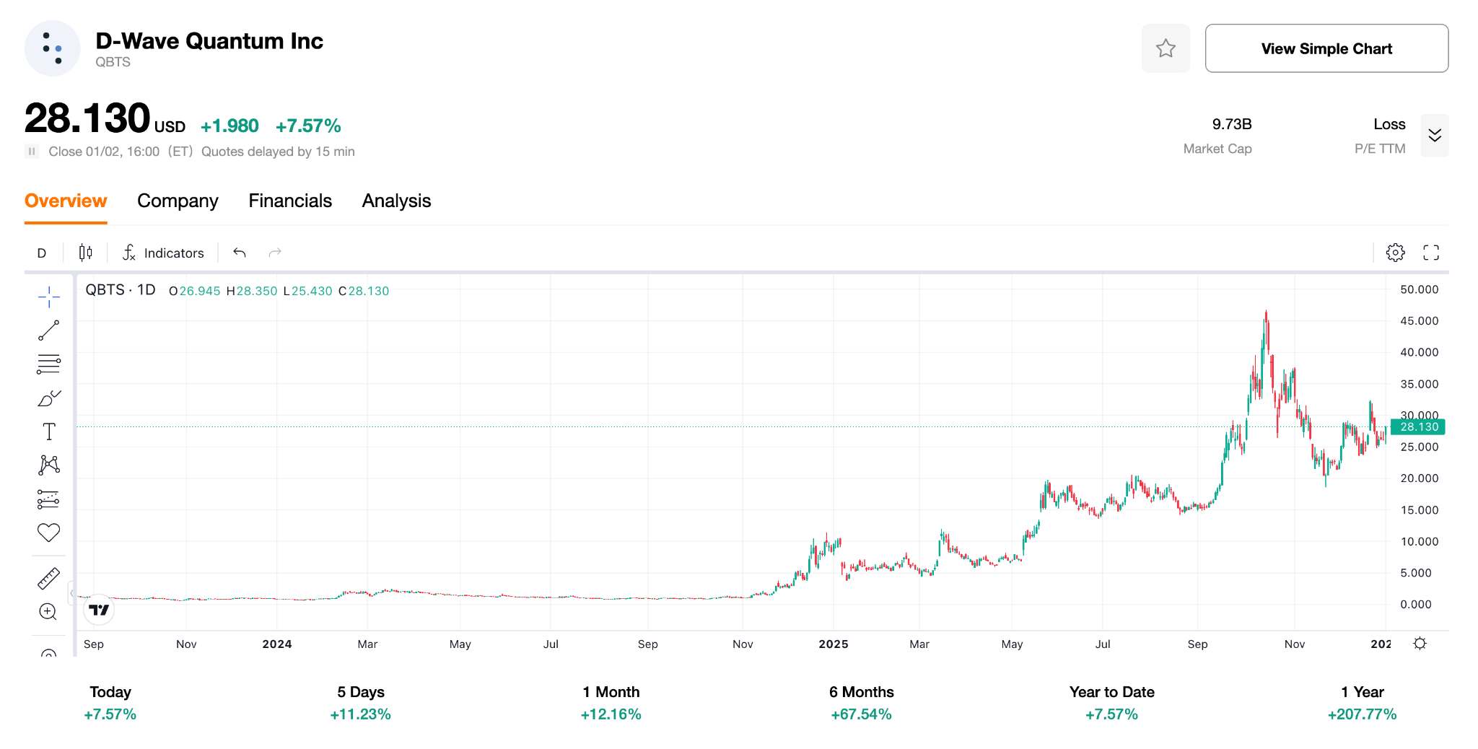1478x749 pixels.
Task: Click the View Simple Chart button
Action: [x=1326, y=48]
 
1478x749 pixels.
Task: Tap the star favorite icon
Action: [x=1166, y=48]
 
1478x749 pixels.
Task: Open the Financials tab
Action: [x=290, y=201]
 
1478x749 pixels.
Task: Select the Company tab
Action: [x=178, y=201]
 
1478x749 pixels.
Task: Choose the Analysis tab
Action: [x=396, y=201]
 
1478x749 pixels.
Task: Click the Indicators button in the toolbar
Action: [x=163, y=253]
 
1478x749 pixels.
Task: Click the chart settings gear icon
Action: [x=1395, y=253]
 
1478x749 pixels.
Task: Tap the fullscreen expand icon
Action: [x=1430, y=253]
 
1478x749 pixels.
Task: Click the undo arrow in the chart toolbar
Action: [x=240, y=253]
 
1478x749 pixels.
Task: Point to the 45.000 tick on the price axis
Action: [x=1419, y=320]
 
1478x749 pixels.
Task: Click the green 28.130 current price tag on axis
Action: [x=1418, y=427]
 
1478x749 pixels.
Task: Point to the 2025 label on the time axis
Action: [x=833, y=644]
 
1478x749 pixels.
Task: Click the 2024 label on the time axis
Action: [x=277, y=644]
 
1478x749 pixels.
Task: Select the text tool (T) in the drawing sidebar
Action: [x=49, y=432]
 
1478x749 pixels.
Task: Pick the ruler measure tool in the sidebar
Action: [x=48, y=579]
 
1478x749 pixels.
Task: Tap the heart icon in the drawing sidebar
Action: [x=48, y=533]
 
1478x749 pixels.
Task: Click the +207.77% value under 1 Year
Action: [x=1362, y=714]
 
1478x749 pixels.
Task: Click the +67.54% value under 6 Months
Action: [x=861, y=714]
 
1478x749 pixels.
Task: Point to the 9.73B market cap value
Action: [x=1231, y=124]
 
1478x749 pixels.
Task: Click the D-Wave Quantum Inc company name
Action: [x=209, y=41]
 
